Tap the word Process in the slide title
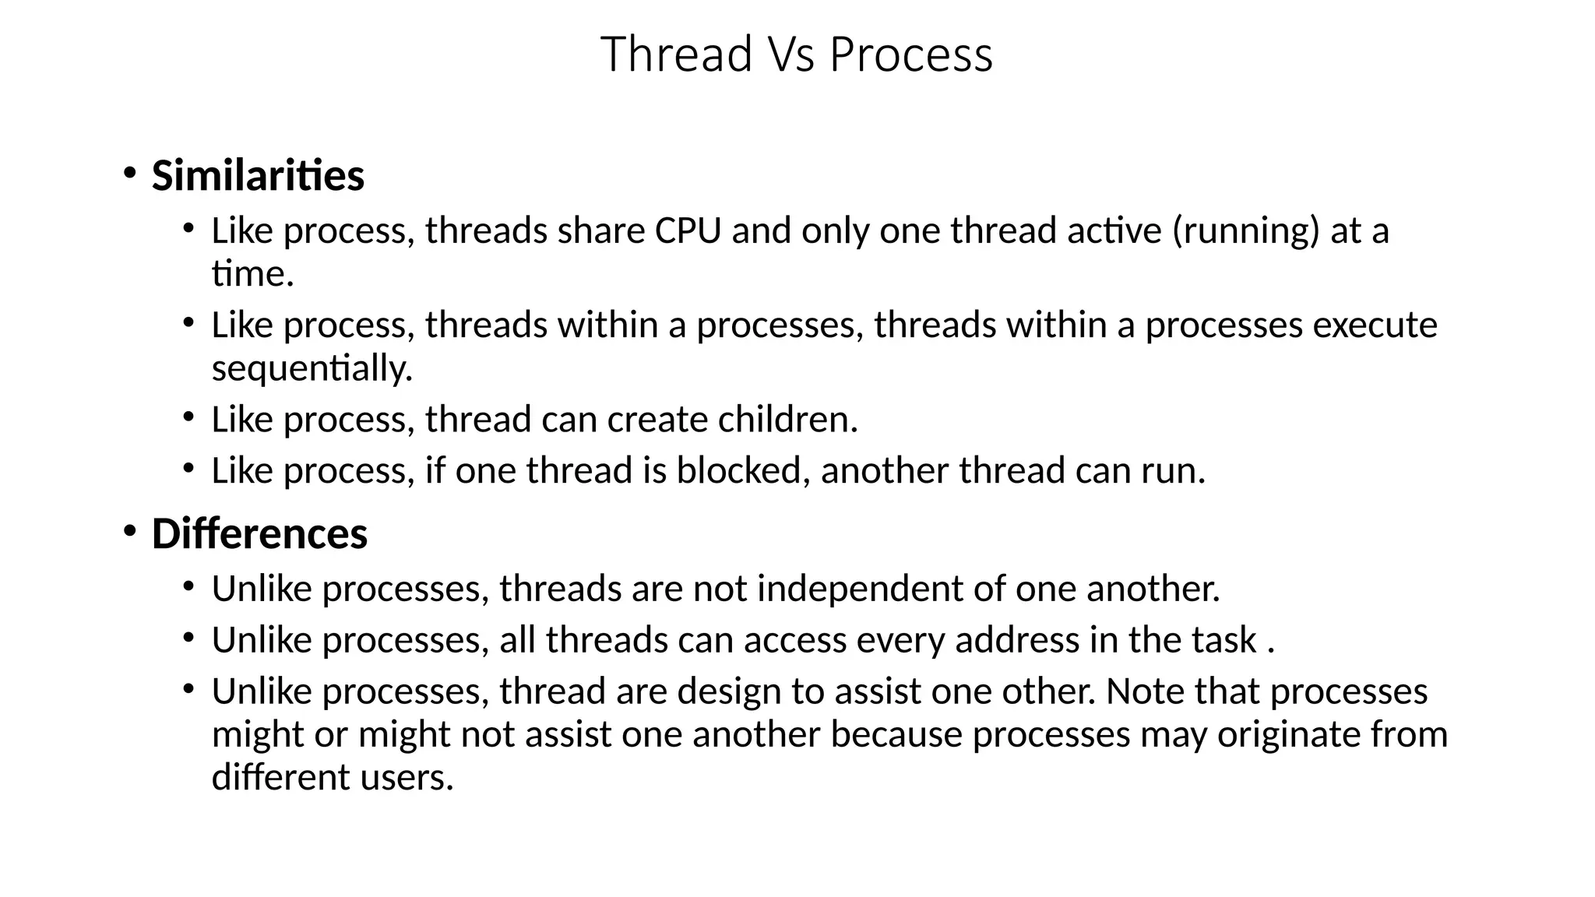(910, 56)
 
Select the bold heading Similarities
(258, 175)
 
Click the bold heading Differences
(259, 534)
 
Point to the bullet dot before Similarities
(129, 172)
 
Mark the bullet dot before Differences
(129, 531)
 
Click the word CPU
(688, 230)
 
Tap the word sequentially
(312, 368)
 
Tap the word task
(1224, 640)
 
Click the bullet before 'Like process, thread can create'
(188, 417)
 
